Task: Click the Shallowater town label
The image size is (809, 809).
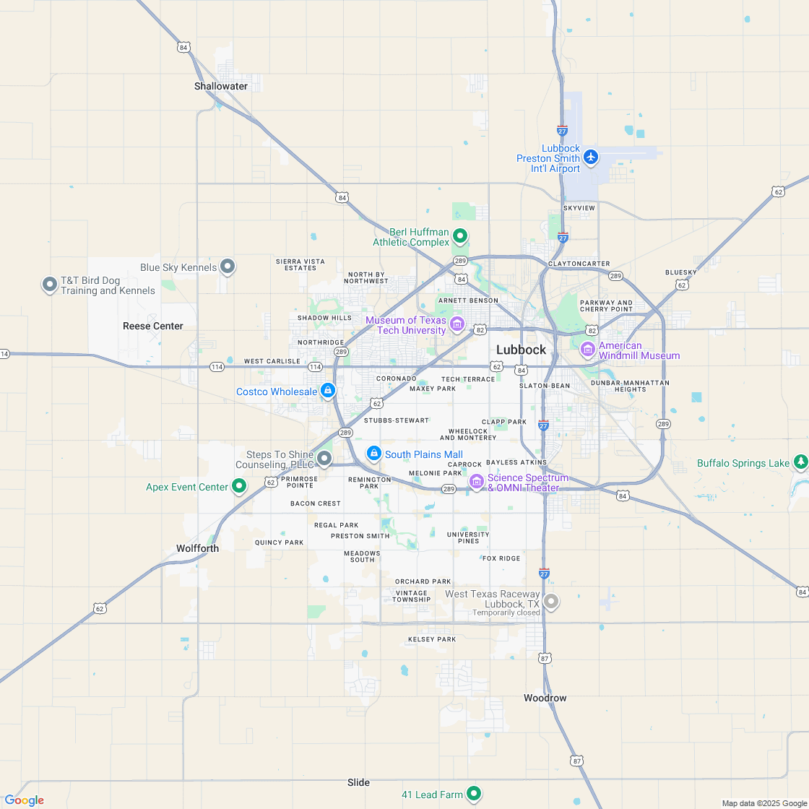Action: pyautogui.click(x=220, y=86)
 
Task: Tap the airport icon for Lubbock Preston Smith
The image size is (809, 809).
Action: pyautogui.click(x=591, y=156)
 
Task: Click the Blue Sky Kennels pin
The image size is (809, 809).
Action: pyautogui.click(x=228, y=267)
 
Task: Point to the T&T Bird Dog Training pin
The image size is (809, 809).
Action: pyautogui.click(x=50, y=284)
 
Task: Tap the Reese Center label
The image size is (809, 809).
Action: pyautogui.click(x=153, y=326)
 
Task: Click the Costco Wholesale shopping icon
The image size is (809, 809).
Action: pyautogui.click(x=328, y=390)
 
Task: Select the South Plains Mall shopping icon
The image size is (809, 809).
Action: pyautogui.click(x=374, y=453)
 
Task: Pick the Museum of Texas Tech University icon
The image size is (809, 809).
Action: pyautogui.click(x=457, y=324)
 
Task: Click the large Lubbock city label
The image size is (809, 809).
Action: pyautogui.click(x=521, y=350)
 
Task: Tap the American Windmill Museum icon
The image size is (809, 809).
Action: pyautogui.click(x=588, y=350)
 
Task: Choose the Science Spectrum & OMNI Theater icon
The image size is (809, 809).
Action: pyautogui.click(x=477, y=481)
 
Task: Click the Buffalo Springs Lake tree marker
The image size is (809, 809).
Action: pyautogui.click(x=800, y=462)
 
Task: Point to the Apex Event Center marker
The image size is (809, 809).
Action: pyautogui.click(x=239, y=486)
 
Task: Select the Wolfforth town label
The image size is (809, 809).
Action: pyautogui.click(x=197, y=548)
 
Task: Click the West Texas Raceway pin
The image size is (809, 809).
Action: pyautogui.click(x=551, y=600)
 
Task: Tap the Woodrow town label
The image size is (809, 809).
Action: pyautogui.click(x=545, y=698)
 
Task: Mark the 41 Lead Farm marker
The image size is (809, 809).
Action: pyautogui.click(x=474, y=793)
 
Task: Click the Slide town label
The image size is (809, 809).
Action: pyautogui.click(x=358, y=782)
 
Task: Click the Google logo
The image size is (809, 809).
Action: pyautogui.click(x=24, y=800)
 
